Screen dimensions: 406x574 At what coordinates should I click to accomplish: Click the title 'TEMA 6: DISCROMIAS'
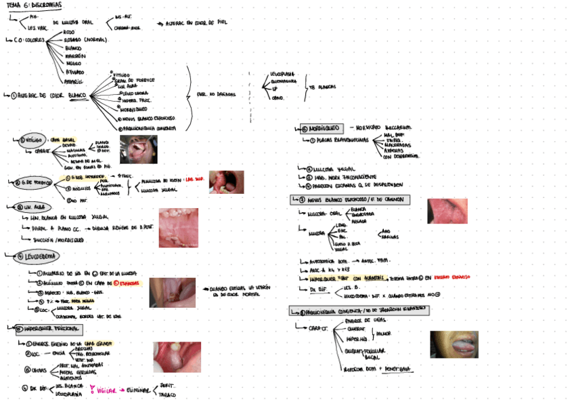pyautogui.click(x=32, y=5)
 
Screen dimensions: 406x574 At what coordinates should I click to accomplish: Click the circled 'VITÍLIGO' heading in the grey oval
pyautogui.click(x=32, y=140)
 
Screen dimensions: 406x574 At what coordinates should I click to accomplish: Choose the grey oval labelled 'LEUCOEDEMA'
pyautogui.click(x=36, y=256)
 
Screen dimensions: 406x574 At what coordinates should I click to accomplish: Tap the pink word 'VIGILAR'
pyautogui.click(x=106, y=391)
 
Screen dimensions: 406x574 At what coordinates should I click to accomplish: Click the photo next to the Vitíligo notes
pyautogui.click(x=138, y=149)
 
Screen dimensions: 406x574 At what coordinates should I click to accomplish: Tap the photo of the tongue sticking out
pyautogui.click(x=454, y=344)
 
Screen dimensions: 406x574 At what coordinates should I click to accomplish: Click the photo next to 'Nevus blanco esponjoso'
pyautogui.click(x=447, y=211)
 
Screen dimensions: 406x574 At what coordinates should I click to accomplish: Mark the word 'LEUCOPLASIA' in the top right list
pyautogui.click(x=282, y=73)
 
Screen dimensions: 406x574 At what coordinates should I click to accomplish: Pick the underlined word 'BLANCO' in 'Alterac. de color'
pyautogui.click(x=77, y=95)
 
